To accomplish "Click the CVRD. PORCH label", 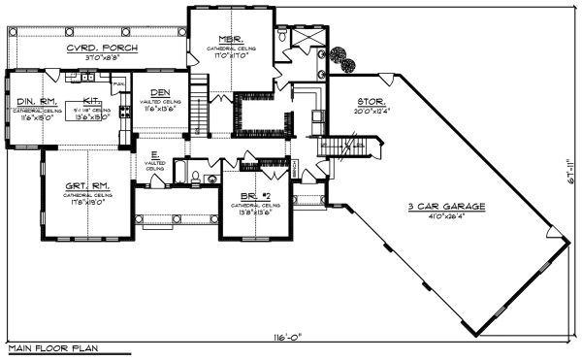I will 101,49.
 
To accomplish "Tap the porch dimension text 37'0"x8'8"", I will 101,58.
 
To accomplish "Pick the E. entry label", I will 155,154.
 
